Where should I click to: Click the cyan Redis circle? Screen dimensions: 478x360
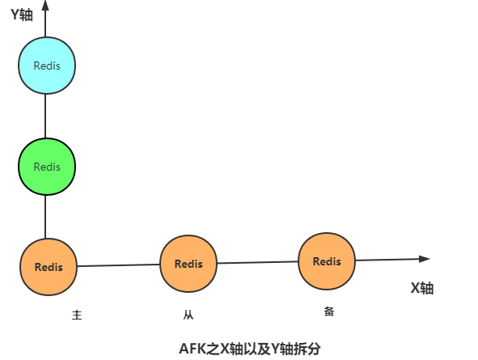tap(47, 66)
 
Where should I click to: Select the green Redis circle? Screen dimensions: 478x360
tap(47, 167)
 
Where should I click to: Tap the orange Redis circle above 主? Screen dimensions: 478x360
tap(49, 267)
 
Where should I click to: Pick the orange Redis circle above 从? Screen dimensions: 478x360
tap(188, 264)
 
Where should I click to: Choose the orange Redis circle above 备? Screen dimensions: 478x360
tap(327, 261)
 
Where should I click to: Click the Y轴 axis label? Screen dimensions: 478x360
tap(22, 15)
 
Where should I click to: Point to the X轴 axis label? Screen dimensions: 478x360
tap(422, 288)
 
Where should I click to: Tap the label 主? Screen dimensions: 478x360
tap(77, 315)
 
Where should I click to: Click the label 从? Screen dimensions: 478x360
tap(188, 315)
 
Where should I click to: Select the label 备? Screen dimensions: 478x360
tap(329, 311)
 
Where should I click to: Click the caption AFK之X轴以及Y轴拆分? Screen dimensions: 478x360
tap(250, 349)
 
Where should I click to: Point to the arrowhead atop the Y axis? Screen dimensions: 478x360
tap(45, 5)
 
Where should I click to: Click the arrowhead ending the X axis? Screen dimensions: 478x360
tap(425, 259)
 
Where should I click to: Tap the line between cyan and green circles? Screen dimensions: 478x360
tap(45, 116)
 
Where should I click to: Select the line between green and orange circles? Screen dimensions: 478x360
tap(45, 217)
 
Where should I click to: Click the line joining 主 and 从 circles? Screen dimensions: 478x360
tap(119, 265)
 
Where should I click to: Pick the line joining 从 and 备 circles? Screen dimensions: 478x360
tap(257, 262)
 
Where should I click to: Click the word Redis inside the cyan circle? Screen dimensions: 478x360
tap(47, 66)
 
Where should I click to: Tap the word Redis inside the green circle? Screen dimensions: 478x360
tap(47, 167)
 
